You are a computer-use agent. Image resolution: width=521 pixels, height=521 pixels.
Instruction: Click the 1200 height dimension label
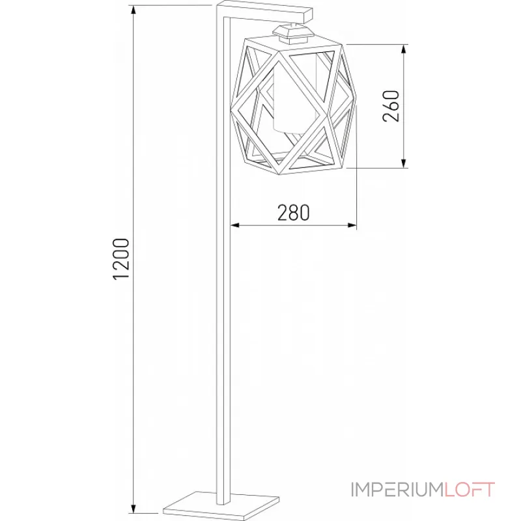pyautogui.click(x=122, y=259)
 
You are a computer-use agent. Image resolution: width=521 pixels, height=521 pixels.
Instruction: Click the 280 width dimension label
pyautogui.click(x=293, y=212)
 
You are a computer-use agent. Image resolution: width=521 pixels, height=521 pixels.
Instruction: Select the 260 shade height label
pyautogui.click(x=391, y=106)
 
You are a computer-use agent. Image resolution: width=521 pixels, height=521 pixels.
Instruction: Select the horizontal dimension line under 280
pyautogui.click(x=293, y=225)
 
